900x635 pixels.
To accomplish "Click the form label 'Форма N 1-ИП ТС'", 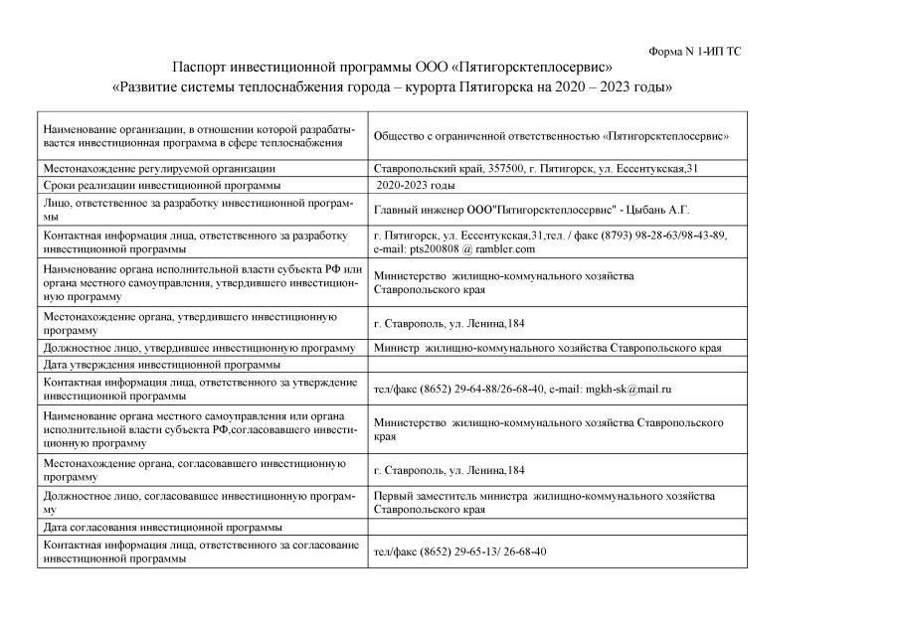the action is [x=694, y=51].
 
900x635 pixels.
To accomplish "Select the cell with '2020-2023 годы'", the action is [x=418, y=186].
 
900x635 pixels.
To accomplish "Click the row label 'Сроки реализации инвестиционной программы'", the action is [x=162, y=186].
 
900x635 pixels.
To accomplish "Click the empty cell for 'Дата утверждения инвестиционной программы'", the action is [x=557, y=365].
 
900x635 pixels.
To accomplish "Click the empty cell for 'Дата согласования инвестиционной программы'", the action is [x=557, y=526].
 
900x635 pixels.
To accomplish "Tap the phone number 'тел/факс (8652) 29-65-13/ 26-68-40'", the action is [x=459, y=552].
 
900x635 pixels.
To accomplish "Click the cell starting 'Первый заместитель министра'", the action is [x=543, y=502].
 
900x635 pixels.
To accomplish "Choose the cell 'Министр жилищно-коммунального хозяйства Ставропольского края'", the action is [x=547, y=348].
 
